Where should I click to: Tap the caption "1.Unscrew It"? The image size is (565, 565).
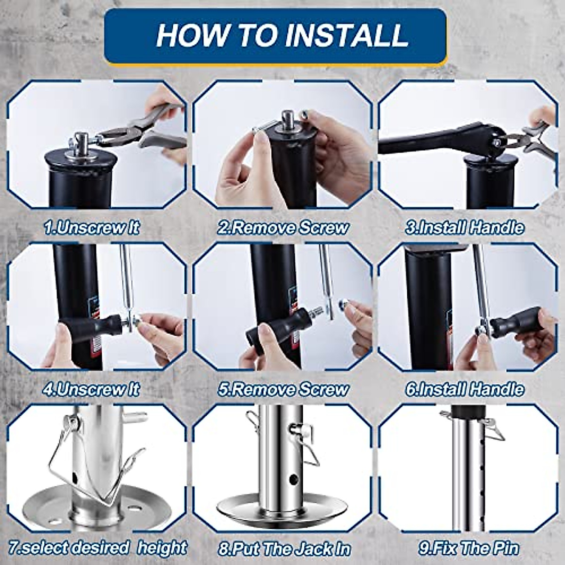pyautogui.click(x=91, y=227)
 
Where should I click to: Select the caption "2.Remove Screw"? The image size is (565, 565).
pyautogui.click(x=282, y=227)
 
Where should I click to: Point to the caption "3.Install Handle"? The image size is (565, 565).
pyautogui.click(x=464, y=227)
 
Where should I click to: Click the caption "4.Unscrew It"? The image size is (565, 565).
pyautogui.click(x=91, y=389)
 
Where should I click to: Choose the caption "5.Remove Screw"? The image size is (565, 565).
pyautogui.click(x=282, y=389)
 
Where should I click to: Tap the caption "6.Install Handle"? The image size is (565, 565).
pyautogui.click(x=464, y=389)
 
